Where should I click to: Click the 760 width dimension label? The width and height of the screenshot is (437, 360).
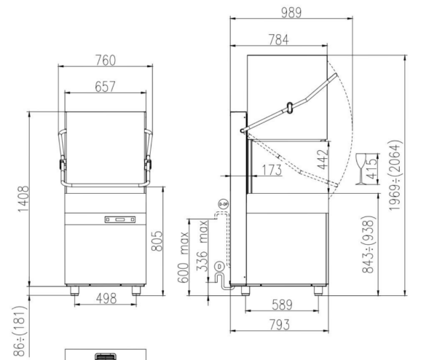[x=107, y=59]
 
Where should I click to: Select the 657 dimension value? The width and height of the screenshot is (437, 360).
[x=107, y=86]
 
